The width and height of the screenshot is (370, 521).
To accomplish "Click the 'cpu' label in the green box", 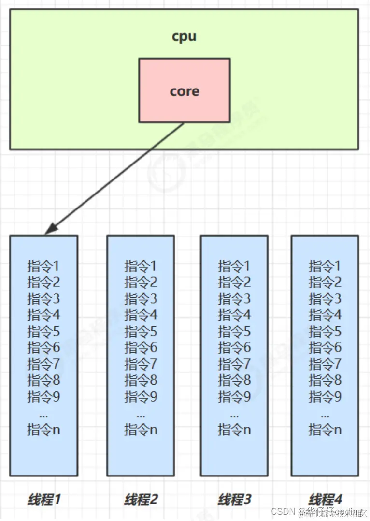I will coord(184,37).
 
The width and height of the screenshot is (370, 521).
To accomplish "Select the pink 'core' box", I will coord(184,90).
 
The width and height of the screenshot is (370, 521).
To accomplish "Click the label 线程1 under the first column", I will coord(44,499).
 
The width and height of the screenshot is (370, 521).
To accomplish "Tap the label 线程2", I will coord(141,499).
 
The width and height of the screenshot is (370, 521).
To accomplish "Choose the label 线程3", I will coord(234,499).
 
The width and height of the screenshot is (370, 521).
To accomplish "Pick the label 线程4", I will coord(325,499).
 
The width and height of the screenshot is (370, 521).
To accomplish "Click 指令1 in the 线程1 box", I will coord(43,266).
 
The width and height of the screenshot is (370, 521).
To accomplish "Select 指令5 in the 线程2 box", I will coord(141,331).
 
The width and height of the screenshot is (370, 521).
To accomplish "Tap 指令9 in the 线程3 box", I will coord(234,397).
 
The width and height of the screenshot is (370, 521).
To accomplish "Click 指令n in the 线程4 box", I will coord(325,429).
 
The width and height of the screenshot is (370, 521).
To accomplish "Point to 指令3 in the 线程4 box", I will coord(325,298).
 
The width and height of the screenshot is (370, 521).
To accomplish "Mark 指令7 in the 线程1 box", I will coord(43,364).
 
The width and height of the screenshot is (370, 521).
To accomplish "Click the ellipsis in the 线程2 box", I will coord(141,415).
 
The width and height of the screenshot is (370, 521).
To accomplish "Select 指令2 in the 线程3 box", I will coord(234,282).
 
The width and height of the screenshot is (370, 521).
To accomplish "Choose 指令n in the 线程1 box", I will coord(43,429).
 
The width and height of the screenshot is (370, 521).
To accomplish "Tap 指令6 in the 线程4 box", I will coord(325,348).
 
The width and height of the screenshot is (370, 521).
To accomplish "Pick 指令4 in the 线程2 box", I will coord(141,315).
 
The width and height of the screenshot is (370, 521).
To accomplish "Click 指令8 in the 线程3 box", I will coord(234,381).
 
